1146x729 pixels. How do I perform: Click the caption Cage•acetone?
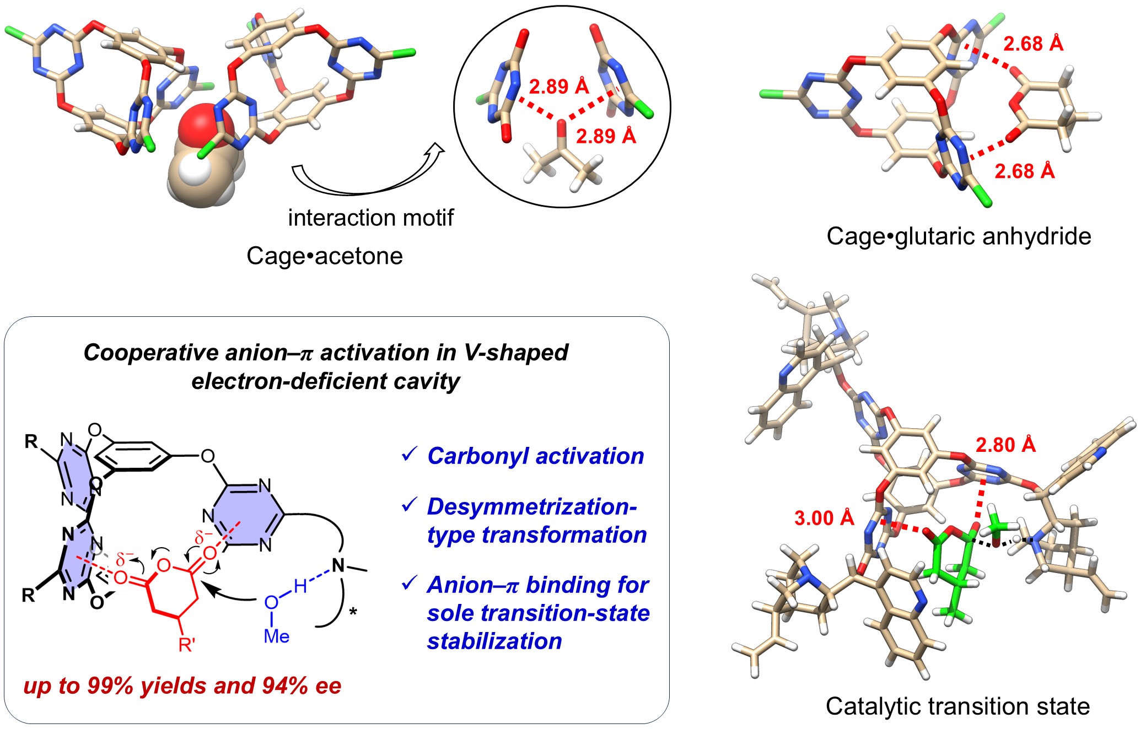click(x=324, y=256)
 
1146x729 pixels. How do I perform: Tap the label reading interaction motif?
click(x=370, y=218)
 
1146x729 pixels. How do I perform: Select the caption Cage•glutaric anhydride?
click(x=959, y=236)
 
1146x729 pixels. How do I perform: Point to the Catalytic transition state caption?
click(x=957, y=706)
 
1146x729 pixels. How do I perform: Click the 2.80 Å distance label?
click(x=1005, y=445)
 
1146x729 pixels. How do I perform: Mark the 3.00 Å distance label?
click(x=824, y=518)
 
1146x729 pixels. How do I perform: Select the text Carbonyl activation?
click(x=535, y=456)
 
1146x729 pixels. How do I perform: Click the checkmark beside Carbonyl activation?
click(x=409, y=455)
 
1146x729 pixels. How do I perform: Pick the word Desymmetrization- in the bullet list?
click(x=531, y=506)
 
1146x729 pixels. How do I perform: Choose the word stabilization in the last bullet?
click(x=494, y=641)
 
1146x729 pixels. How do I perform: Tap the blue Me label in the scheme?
click(x=276, y=636)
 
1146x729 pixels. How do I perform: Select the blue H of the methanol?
click(x=300, y=586)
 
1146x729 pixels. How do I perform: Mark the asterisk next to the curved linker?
click(x=353, y=612)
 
